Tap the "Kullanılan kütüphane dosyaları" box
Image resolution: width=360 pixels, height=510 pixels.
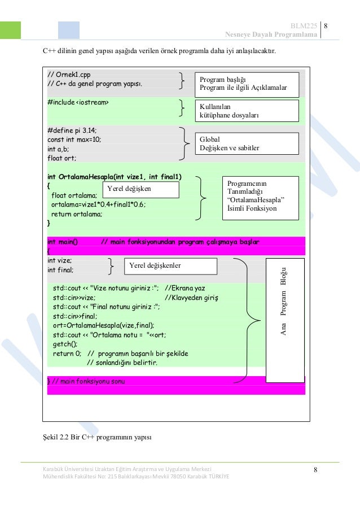(x=246, y=111)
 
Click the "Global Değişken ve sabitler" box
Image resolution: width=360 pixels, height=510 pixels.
(x=246, y=144)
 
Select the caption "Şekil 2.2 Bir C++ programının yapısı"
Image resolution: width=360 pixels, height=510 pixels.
(x=97, y=438)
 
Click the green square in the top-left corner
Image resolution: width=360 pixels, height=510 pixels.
(x=10, y=30)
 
